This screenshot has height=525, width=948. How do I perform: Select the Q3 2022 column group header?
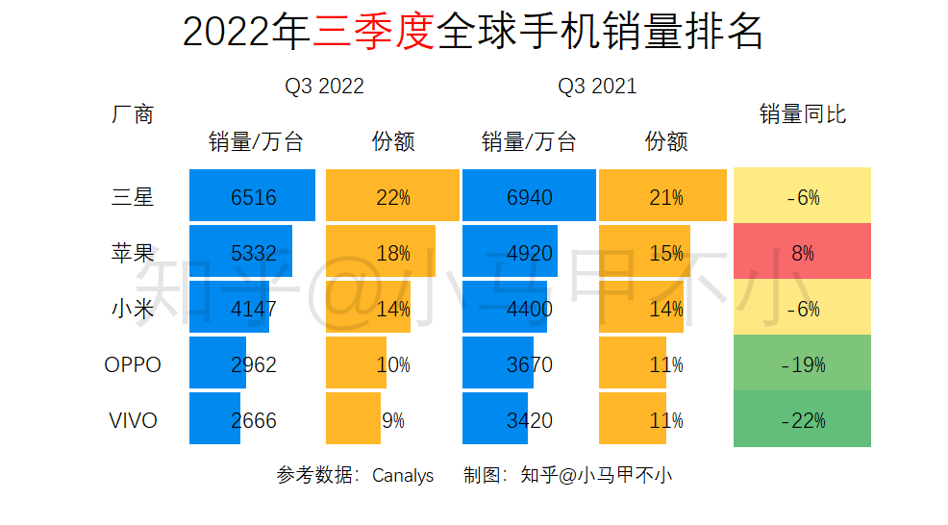point(324,87)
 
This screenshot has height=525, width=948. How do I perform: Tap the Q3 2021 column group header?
point(597,87)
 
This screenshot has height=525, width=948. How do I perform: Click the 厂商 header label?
point(133,114)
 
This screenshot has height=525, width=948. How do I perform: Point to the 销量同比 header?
point(802,114)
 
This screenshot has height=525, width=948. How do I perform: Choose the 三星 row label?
point(133,198)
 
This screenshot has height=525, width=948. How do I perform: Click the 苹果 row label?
point(133,254)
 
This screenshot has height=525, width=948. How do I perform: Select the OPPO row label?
point(133,365)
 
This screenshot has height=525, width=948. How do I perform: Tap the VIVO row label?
point(133,421)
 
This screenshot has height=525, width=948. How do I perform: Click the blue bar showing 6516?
point(253,198)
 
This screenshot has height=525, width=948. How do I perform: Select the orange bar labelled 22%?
point(392,198)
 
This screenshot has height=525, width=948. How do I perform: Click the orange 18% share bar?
point(381,254)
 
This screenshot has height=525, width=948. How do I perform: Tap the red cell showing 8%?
point(802,254)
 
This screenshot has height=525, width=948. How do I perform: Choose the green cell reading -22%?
point(802,421)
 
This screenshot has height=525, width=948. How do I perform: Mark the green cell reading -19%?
point(802,365)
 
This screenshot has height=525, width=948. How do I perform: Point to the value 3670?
point(530,365)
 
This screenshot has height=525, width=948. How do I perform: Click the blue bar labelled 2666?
point(215,421)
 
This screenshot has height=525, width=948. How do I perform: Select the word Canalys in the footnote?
point(403,476)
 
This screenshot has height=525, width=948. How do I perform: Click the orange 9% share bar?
point(354,421)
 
